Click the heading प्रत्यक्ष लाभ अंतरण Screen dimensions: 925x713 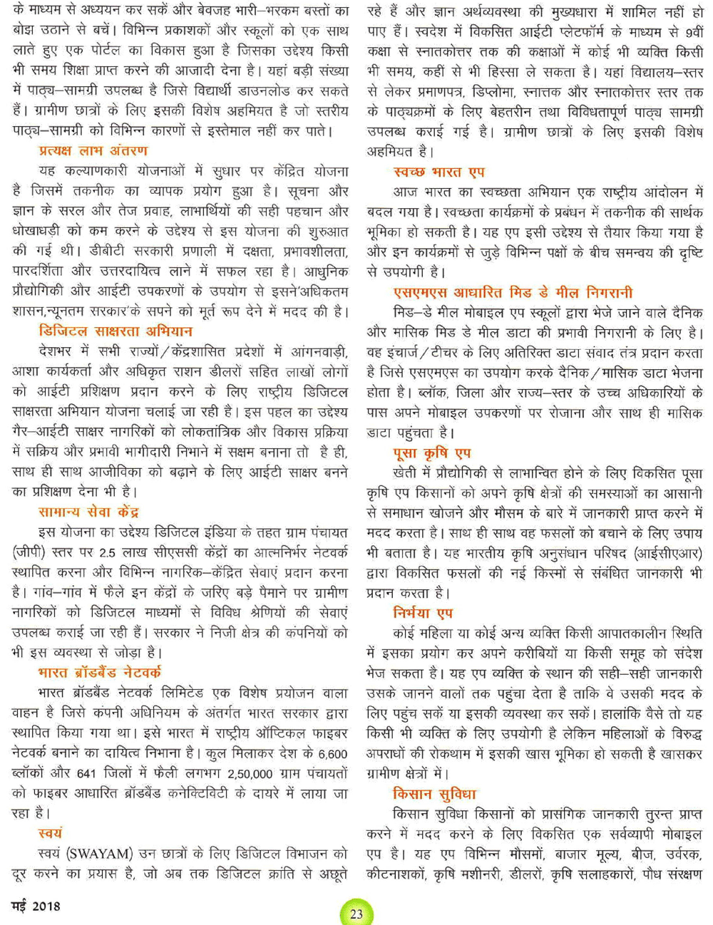93,151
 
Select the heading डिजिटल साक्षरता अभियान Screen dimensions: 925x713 116,331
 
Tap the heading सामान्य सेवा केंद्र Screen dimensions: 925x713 88,512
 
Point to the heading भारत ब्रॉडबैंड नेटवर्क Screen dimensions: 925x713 100,672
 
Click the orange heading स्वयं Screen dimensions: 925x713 50,833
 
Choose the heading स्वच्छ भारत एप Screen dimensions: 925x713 438,172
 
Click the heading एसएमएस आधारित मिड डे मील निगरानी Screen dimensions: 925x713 512,292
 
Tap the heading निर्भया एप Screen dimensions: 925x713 422,613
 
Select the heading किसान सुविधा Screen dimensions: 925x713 434,794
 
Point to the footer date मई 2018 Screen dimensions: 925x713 36,906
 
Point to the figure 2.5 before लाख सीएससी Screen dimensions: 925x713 108,552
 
